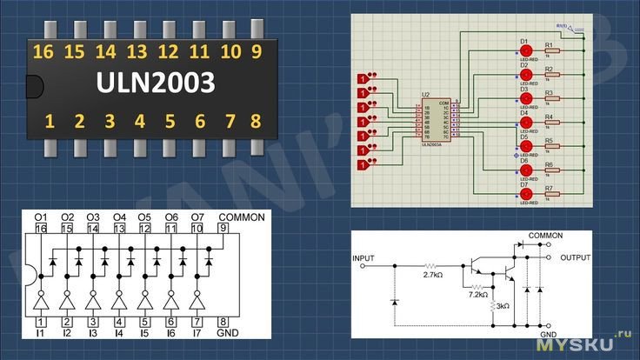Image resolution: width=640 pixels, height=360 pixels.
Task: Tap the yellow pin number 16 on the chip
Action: (x=43, y=51)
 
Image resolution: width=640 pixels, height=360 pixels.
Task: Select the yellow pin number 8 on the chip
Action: (x=256, y=121)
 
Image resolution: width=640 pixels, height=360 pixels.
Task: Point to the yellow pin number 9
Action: (x=256, y=51)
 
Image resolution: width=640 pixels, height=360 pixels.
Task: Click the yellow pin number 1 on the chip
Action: (x=50, y=121)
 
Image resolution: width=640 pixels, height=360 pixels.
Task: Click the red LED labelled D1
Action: (x=524, y=51)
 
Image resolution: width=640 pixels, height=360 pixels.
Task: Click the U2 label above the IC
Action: (x=425, y=93)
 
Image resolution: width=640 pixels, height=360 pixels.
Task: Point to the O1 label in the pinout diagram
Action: (x=41, y=217)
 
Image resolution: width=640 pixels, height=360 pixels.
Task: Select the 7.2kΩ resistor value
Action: (x=477, y=296)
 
